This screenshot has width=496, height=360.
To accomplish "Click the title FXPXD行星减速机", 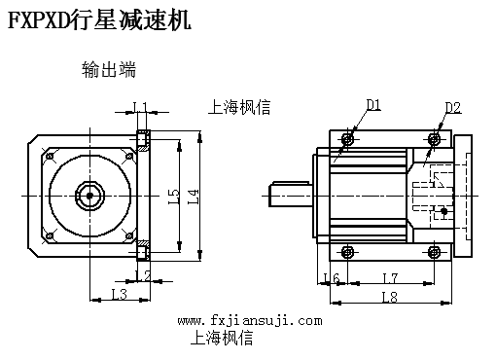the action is pos(99,20).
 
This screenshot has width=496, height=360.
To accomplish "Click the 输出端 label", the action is pos(109,69).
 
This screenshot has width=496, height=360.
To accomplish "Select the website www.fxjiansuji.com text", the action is pos(250,321).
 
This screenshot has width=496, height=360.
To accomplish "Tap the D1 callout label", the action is pos(373,105).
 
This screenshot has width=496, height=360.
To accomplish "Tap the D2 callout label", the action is pos(452,108).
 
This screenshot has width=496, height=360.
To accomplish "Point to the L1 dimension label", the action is pos(140,107).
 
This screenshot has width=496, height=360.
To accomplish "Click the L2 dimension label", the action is pos(143,275).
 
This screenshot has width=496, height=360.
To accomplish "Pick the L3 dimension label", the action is pos(119,294).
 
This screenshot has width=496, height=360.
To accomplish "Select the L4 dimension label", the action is pos(193,197).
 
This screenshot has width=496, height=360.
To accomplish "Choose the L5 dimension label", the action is pos(174,197).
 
